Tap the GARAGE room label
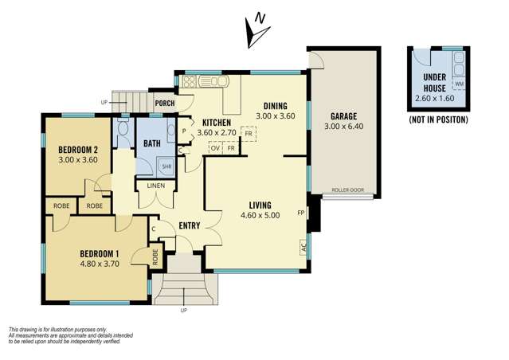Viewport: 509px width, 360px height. tap(343, 116)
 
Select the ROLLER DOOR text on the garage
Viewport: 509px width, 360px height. tap(347, 190)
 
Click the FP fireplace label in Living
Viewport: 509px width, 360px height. tap(301, 213)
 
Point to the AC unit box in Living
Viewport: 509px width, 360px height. tap(303, 248)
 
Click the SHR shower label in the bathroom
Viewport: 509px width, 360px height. tap(166, 166)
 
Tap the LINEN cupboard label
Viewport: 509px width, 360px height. tap(156, 186)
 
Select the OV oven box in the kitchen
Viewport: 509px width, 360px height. tap(215, 148)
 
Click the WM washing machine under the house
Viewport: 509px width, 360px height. tap(460, 84)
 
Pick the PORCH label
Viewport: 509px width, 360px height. tap(165, 104)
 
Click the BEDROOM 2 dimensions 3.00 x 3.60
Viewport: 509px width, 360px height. tap(78, 160)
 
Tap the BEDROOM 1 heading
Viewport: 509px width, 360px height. tap(100, 253)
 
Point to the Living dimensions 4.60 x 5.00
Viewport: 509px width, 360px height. tap(260, 215)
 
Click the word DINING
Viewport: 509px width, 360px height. tap(276, 106)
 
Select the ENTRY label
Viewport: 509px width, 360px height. tap(190, 225)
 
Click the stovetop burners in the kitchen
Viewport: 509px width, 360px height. tap(190, 81)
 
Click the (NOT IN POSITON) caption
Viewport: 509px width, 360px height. tap(439, 119)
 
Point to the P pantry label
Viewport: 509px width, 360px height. tap(184, 131)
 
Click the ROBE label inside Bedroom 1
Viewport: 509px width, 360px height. tap(155, 257)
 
